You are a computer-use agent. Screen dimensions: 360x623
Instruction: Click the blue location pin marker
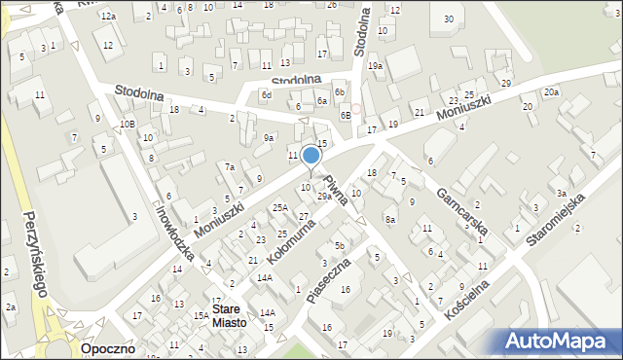(311, 156)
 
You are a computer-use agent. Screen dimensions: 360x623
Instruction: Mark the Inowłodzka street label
(174, 232)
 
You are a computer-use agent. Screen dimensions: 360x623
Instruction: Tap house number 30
(448, 18)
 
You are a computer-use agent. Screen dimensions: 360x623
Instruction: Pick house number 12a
(109, 17)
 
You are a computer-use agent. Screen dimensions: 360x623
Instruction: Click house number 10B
(127, 124)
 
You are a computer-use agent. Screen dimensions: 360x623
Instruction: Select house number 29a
(324, 196)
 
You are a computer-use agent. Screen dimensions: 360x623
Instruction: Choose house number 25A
(280, 207)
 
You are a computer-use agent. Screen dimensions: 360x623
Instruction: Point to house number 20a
(551, 91)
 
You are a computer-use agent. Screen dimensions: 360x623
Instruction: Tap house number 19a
(375, 65)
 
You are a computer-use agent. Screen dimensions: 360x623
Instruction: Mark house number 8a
(389, 220)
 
